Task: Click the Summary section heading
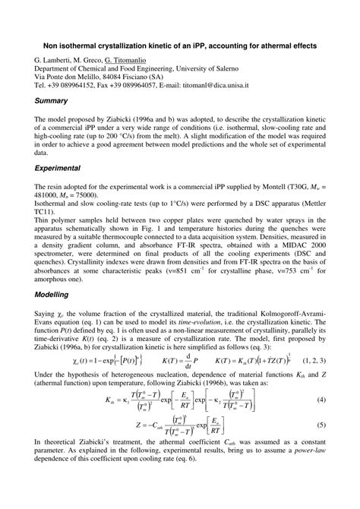click(52, 100)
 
